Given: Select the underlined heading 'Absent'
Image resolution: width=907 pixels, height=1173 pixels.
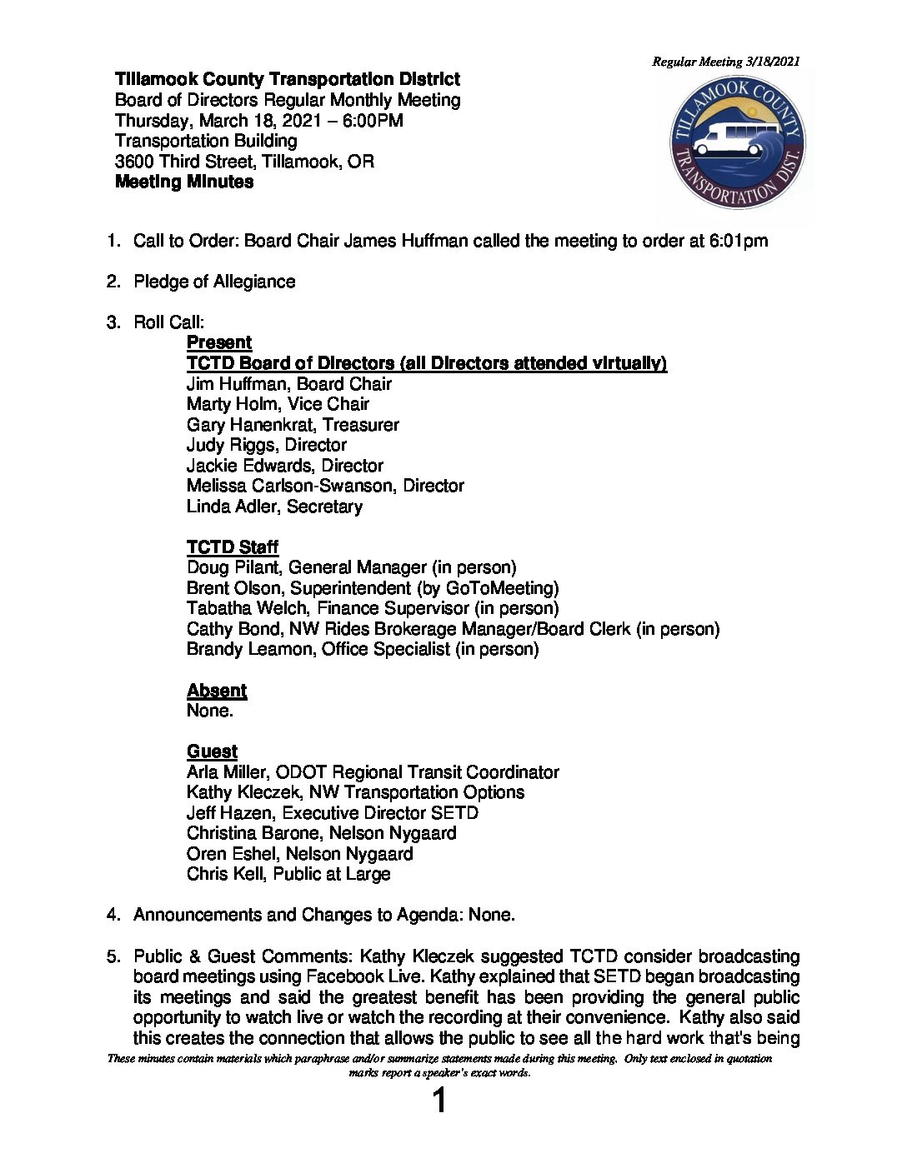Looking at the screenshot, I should point(217,691).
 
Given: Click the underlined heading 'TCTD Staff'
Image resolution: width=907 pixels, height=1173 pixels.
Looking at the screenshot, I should point(233,547).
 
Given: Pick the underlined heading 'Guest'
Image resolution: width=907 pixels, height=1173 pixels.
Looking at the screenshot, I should point(212,751).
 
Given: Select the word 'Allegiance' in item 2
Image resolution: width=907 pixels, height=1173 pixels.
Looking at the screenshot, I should point(253,282).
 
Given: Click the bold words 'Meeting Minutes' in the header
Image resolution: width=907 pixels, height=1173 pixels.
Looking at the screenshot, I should point(184,182).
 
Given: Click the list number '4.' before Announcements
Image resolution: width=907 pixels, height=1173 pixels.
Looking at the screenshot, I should point(114,915).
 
